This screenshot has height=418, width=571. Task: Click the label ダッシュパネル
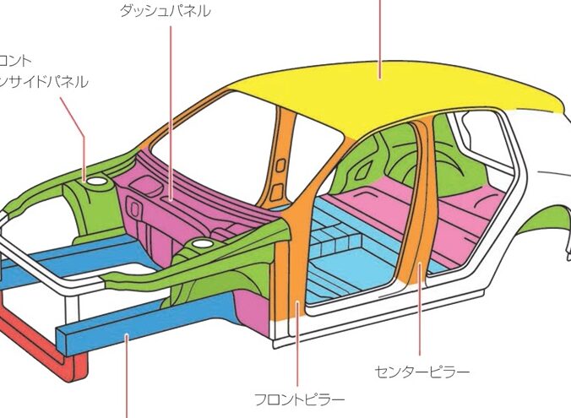(166, 11)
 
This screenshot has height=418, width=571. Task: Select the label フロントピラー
(300, 399)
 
